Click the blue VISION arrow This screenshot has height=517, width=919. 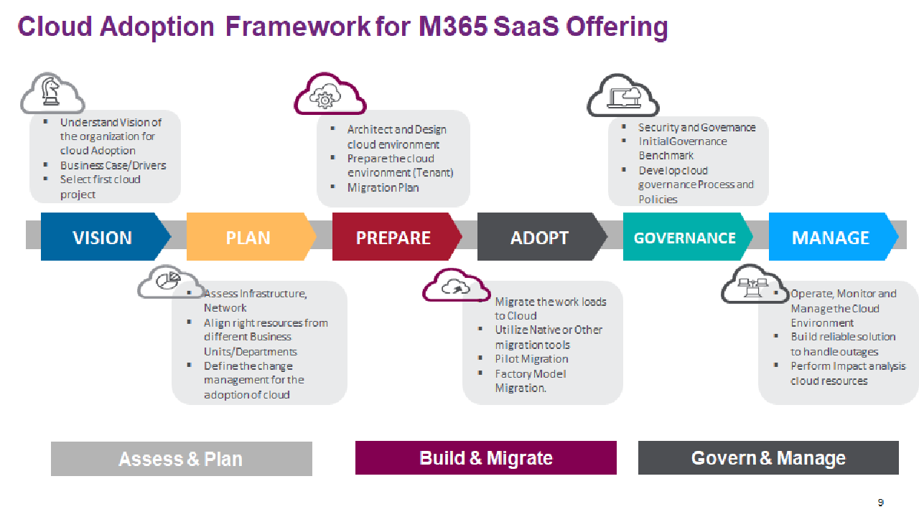coord(103,238)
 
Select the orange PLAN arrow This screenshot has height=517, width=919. coord(248,238)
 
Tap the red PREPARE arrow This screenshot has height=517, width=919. coord(393,238)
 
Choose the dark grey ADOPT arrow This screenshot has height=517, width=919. coord(539,238)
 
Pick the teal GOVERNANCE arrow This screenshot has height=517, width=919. coord(685,238)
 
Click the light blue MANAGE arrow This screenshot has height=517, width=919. coord(831,238)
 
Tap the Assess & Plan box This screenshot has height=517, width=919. coord(181,459)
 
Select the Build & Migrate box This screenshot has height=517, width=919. coord(486,458)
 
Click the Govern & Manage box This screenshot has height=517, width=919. coord(768,458)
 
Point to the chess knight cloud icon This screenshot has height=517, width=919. coord(52,93)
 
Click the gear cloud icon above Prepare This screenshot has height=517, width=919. coord(328,96)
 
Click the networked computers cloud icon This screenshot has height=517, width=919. coord(754,284)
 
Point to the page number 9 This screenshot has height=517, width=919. coord(881,503)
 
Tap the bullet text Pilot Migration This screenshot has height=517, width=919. coord(531,359)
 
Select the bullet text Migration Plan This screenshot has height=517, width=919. coord(383,187)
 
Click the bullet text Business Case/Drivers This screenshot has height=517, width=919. coord(113,165)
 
